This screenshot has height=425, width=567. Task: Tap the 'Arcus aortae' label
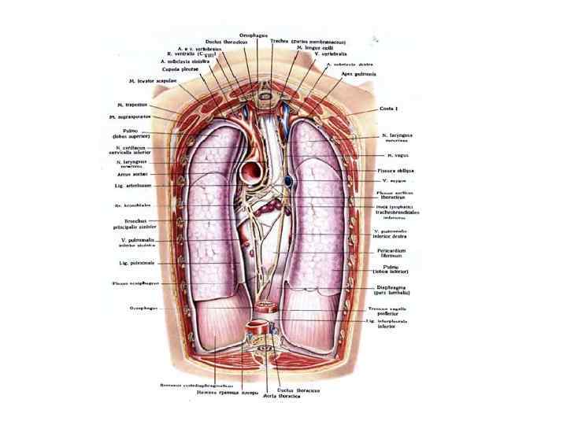[129, 174]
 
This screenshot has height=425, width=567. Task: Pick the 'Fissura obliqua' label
[395, 170]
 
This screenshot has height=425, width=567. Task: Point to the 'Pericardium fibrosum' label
[393, 253]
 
